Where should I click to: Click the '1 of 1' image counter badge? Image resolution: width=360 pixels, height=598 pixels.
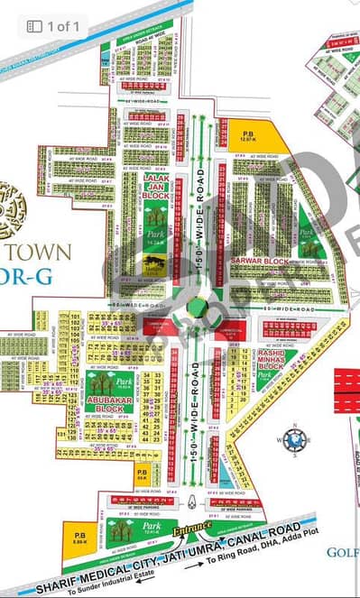(x=53, y=26)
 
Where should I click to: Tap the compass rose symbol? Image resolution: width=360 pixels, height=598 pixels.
(x=295, y=439)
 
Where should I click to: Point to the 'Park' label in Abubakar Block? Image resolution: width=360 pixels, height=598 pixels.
(x=124, y=382)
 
